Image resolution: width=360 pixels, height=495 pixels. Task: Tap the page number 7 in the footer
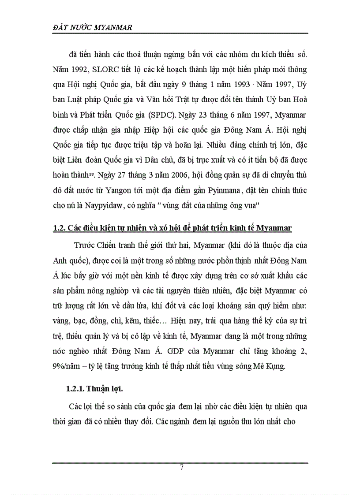click(181, 468)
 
